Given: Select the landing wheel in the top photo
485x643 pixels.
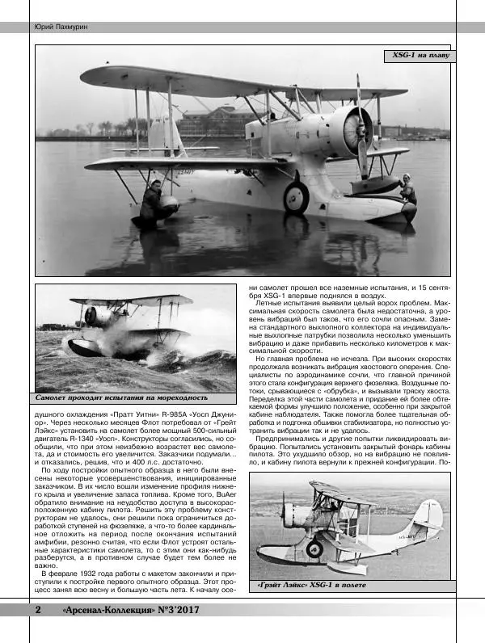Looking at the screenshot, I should (296, 196).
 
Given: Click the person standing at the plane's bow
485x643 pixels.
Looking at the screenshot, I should (407, 191).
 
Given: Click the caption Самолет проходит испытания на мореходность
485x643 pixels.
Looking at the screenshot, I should (123, 397).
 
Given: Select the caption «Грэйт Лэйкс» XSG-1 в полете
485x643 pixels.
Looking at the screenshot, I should (311, 584).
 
